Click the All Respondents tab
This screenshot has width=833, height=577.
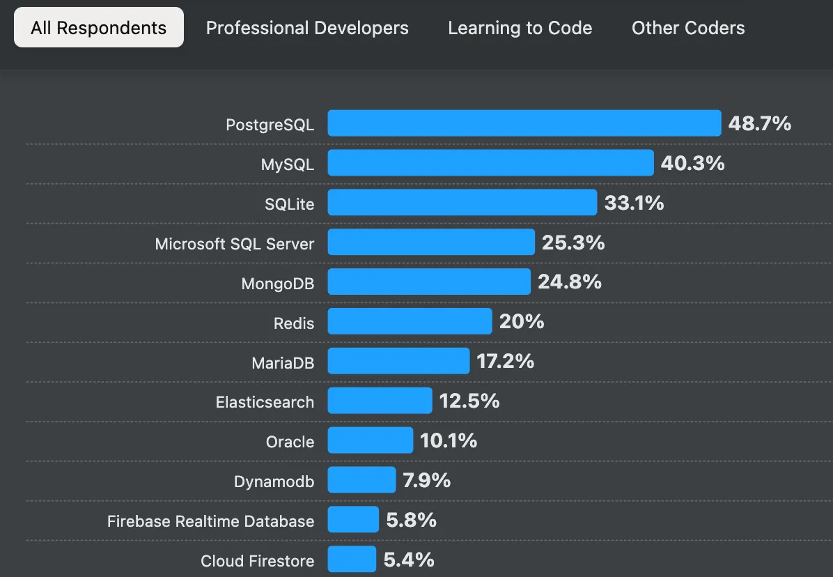[x=99, y=28]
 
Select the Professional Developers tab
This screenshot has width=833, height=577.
[x=307, y=28]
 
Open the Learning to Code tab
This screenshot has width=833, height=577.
[x=520, y=28]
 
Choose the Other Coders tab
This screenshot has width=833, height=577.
[x=688, y=28]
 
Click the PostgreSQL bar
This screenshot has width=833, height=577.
[x=524, y=123]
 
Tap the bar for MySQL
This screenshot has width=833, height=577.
[x=490, y=163]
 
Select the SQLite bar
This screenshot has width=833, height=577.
[x=462, y=203]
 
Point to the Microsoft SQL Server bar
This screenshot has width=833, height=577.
[x=431, y=243]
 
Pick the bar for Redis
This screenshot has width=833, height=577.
[x=410, y=322]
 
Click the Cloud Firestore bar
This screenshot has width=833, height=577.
[x=352, y=560]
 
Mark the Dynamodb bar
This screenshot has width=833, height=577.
[x=361, y=480]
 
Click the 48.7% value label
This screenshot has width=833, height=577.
[x=760, y=124]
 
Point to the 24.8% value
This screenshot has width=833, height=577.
[x=570, y=282]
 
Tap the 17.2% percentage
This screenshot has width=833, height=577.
[x=506, y=362]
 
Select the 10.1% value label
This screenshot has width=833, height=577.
[x=449, y=440]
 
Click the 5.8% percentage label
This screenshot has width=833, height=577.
[x=411, y=520]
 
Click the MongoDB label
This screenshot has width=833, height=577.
[x=278, y=284]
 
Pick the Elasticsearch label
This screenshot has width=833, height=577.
[x=265, y=402]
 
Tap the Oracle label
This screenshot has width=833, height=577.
[x=290, y=442]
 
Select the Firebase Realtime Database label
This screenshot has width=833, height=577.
[x=210, y=521]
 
